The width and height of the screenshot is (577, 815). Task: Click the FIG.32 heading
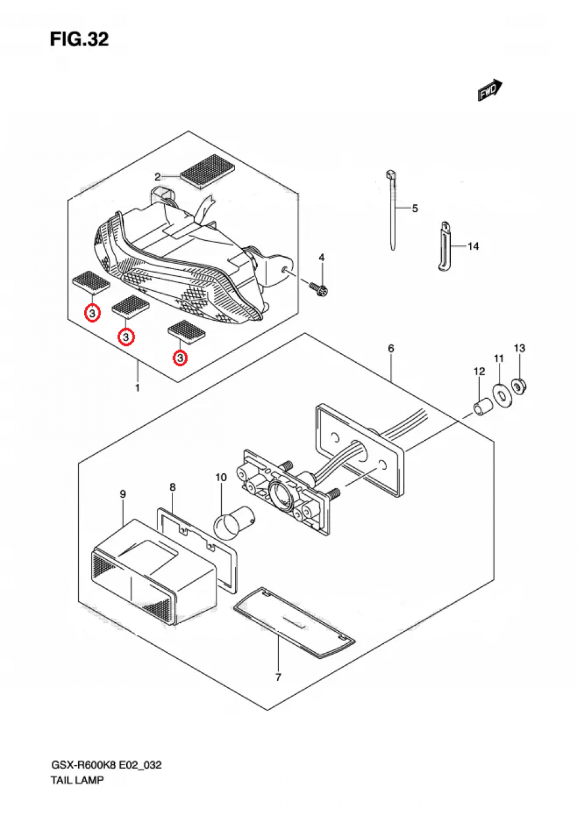79,39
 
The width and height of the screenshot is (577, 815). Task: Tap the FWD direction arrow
490,90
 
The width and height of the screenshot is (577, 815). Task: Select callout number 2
157,177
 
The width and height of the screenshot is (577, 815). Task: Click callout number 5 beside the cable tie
415,208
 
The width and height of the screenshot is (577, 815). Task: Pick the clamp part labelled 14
444,246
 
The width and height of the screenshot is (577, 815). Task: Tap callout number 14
473,246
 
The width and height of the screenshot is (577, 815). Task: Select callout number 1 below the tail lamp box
137,388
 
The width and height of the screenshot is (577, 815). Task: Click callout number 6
391,348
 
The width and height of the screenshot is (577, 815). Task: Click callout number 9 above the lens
123,494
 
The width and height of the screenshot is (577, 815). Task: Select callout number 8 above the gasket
172,487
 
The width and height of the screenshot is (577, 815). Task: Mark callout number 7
278,677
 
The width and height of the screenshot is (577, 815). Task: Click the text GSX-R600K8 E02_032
106,765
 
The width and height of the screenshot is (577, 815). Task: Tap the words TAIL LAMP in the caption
77,780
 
